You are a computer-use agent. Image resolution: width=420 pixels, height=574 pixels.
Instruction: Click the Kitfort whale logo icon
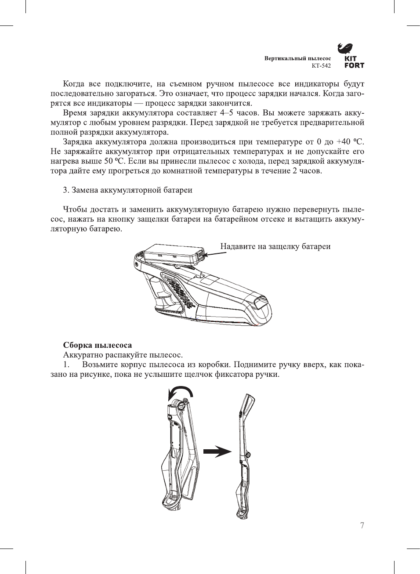coord(345,47)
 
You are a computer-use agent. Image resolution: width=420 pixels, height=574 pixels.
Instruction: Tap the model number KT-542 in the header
coord(321,66)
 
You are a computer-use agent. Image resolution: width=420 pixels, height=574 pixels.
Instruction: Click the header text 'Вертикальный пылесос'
coord(297,58)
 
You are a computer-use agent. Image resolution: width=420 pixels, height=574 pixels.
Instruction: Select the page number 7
coord(362,526)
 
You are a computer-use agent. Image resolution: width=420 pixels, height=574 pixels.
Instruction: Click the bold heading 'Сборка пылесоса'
coord(97,345)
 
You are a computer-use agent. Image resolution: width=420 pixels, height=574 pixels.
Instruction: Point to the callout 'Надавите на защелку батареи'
coord(275,246)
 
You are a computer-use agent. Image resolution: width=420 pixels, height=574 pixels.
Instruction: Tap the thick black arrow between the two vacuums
coord(217,451)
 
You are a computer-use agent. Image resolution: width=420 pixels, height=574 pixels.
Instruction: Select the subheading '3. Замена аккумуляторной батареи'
coord(127,190)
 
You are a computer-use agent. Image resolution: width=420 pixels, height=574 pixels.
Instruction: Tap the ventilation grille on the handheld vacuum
coord(178,290)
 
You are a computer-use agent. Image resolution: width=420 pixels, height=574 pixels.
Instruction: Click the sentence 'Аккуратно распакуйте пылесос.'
coord(123,355)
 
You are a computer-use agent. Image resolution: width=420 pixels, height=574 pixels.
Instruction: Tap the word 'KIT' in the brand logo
coord(350,58)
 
